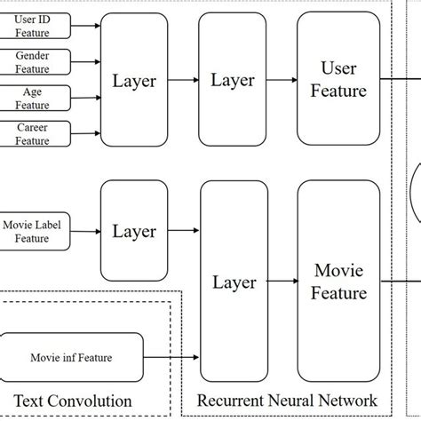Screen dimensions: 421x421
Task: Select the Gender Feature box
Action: click(33, 62)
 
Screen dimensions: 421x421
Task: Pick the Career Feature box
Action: click(33, 133)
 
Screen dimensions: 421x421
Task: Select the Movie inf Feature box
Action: click(72, 357)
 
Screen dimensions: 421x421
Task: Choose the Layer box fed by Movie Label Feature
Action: click(134, 232)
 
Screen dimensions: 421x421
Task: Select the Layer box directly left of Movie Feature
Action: click(234, 282)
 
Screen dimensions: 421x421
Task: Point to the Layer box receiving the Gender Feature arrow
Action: click(134, 81)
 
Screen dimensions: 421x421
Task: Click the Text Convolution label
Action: click(72, 401)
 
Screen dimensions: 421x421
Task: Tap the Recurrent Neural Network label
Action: click(286, 401)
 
